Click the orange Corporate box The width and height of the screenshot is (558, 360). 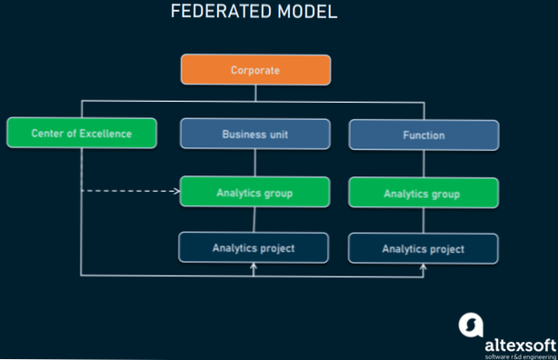pos(254,70)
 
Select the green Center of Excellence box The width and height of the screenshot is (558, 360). pos(81,134)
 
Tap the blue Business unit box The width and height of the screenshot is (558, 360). pos(254,135)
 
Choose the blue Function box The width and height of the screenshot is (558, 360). pos(423,135)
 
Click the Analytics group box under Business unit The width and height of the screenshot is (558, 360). pos(254,193)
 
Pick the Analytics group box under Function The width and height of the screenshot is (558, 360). pos(423,194)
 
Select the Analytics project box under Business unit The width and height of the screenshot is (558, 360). pos(254,247)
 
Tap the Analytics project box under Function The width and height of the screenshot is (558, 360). pos(423,248)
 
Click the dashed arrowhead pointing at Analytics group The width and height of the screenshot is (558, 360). pos(174,192)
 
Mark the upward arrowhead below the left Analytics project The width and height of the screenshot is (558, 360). pos(254,267)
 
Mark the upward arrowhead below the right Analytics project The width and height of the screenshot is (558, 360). pos(423,267)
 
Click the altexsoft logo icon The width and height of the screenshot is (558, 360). pos(472,325)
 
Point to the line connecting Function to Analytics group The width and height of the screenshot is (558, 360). pos(423,165)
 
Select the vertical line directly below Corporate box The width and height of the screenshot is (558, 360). pos(254,92)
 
